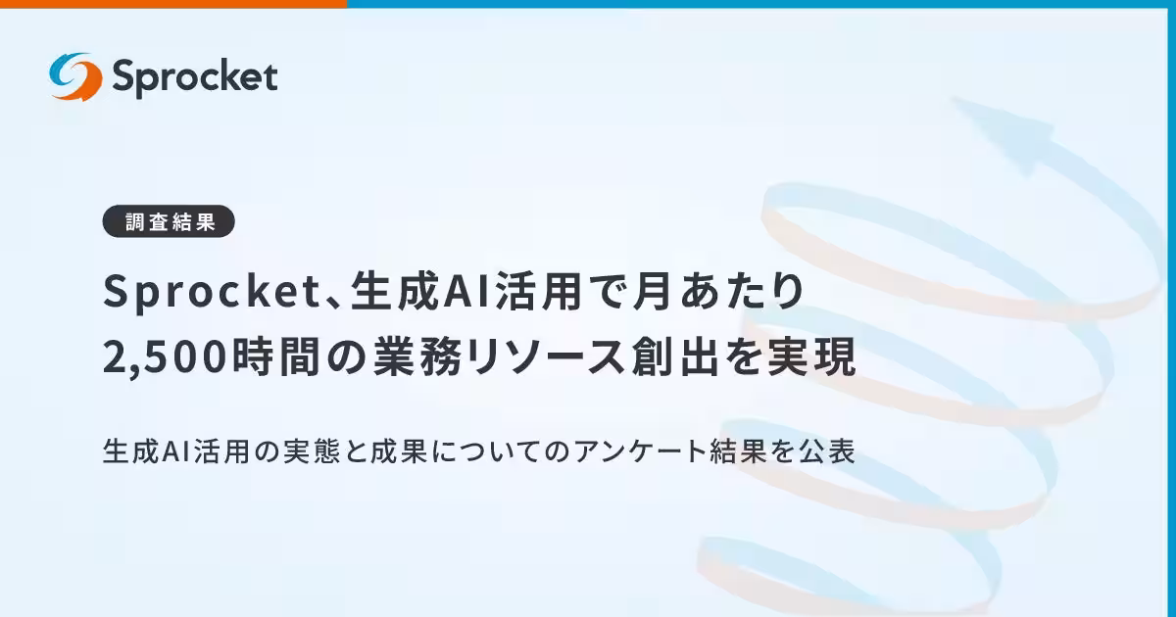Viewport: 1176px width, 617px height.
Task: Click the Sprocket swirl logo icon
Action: [x=75, y=76]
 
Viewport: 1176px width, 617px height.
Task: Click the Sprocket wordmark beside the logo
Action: [x=194, y=76]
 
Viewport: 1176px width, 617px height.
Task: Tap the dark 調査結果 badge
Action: [x=169, y=221]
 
